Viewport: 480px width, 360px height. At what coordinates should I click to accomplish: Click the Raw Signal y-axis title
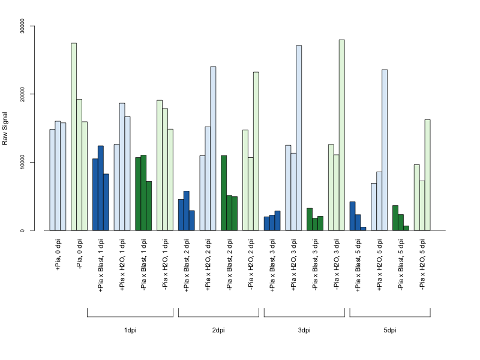coord(5,128)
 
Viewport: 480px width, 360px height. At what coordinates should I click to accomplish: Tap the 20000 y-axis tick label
coord(22,94)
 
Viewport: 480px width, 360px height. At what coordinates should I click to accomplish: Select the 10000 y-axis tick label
coord(22,162)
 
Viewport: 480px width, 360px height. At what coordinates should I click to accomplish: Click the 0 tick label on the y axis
coord(22,230)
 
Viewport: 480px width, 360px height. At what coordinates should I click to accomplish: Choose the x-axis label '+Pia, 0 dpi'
coord(58,254)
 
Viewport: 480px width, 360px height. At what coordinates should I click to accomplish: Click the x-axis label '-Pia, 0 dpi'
coord(80,254)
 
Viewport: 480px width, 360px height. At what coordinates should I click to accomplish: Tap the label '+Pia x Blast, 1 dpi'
coord(101,265)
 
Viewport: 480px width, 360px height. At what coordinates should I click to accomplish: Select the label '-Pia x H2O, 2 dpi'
coord(251,265)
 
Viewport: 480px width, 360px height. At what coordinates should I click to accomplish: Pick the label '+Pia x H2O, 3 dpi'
coord(294,265)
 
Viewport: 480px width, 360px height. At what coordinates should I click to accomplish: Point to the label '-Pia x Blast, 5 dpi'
coord(401,265)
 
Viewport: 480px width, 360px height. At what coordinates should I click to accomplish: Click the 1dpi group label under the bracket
coord(130,331)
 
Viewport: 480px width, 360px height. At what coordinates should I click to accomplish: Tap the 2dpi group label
coord(218,331)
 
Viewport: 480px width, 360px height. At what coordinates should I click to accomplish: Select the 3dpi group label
coord(304,331)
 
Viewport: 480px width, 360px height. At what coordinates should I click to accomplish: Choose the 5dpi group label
coord(389,331)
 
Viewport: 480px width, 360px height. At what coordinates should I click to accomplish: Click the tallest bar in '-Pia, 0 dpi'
coord(74,137)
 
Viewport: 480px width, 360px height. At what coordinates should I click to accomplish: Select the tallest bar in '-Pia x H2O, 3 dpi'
coord(341,135)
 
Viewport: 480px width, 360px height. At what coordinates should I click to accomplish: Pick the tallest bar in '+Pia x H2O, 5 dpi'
coord(385,150)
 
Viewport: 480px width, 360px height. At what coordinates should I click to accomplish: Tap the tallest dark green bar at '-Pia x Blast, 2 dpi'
coord(224,193)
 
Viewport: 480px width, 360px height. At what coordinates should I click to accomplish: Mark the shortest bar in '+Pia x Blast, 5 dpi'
coord(363,229)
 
